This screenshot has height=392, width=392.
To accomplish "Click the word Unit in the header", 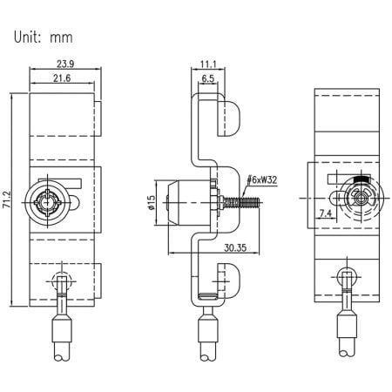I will coord(31,37).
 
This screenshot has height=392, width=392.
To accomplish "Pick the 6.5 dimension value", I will coord(208,79).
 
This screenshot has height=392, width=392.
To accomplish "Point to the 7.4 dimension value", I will coord(326,213).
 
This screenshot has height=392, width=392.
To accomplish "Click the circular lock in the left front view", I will coord(46,203).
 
